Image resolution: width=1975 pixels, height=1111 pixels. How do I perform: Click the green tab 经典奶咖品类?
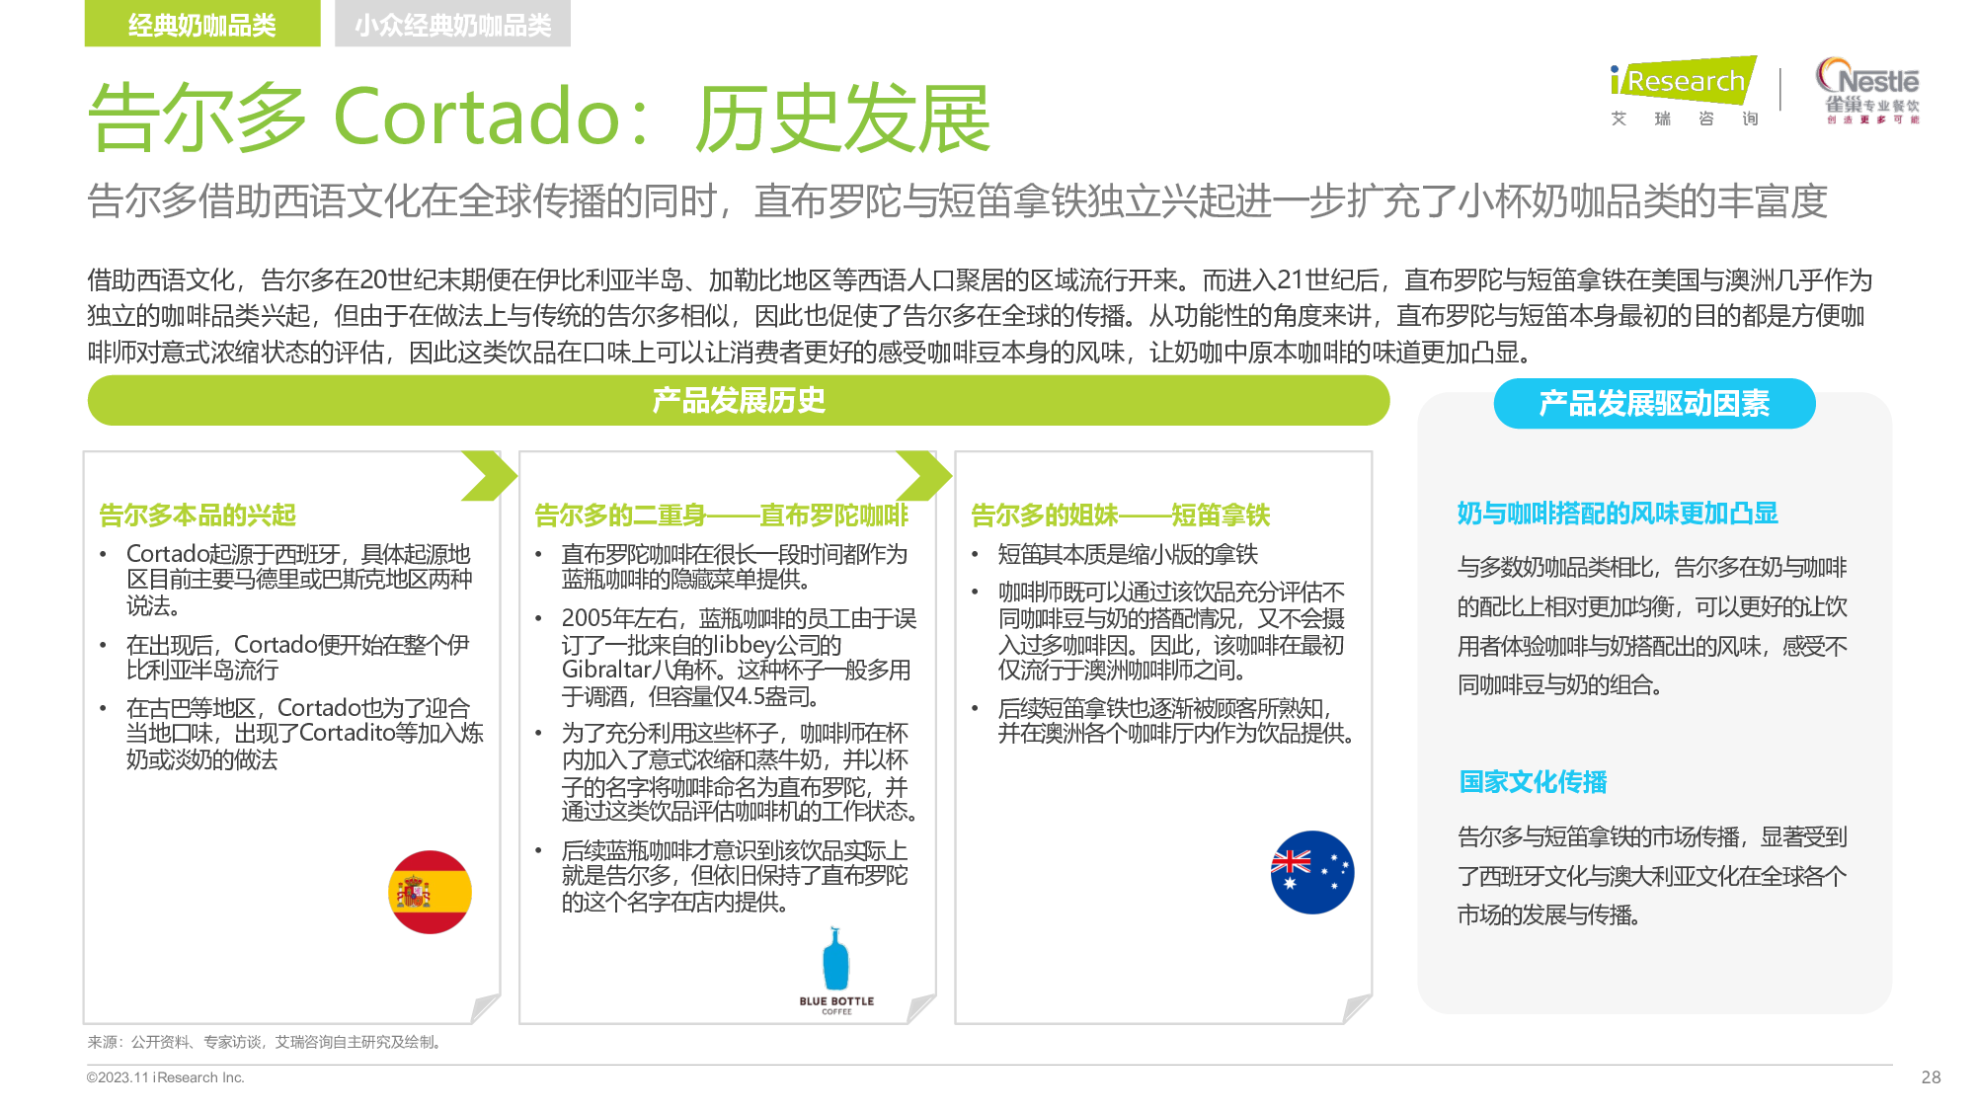pyautogui.click(x=202, y=24)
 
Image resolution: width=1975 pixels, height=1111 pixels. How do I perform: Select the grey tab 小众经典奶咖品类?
pyautogui.click(x=453, y=24)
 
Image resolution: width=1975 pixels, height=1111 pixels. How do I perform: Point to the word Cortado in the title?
pyautogui.click(x=477, y=117)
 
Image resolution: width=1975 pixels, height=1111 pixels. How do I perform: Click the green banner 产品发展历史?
pyautogui.click(x=739, y=401)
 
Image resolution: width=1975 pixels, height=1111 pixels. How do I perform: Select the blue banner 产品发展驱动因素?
pyautogui.click(x=1654, y=404)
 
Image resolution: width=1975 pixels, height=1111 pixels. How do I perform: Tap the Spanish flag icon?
pyautogui.click(x=430, y=892)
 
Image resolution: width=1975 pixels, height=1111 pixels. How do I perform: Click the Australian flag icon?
pyautogui.click(x=1312, y=872)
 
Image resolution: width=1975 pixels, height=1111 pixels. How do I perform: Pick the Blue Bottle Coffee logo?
pyautogui.click(x=836, y=971)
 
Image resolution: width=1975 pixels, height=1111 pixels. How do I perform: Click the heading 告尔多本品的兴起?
pyautogui.click(x=197, y=516)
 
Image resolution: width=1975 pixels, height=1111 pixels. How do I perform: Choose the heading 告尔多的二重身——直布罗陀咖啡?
pyautogui.click(x=721, y=516)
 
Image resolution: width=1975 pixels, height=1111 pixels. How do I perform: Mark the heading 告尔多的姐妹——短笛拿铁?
pyautogui.click(x=1120, y=516)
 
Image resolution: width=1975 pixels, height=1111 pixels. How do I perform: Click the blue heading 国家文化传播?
pyautogui.click(x=1533, y=782)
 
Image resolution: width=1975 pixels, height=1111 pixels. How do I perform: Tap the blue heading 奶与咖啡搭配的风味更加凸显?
pyautogui.click(x=1618, y=514)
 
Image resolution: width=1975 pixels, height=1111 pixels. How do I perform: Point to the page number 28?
pyautogui.click(x=1932, y=1077)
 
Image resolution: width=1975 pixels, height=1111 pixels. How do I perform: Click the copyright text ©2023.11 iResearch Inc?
pyautogui.click(x=165, y=1077)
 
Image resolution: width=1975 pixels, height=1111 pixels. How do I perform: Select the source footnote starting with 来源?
pyautogui.click(x=265, y=1042)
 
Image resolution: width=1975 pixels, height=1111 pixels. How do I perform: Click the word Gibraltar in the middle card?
pyautogui.click(x=607, y=670)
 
